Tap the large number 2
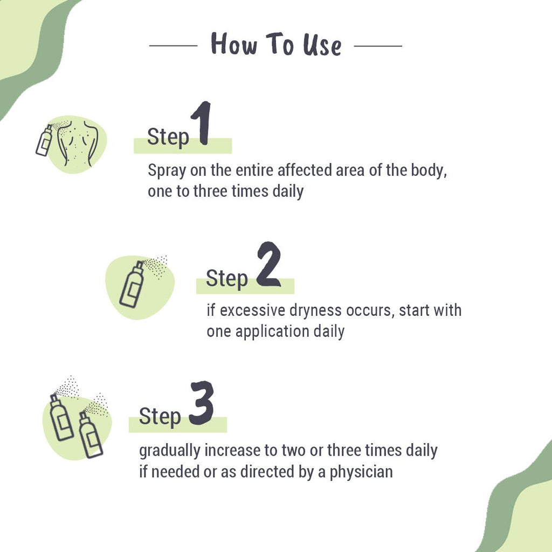(x=268, y=265)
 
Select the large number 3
(x=201, y=403)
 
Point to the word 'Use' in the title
(x=322, y=45)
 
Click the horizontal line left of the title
(x=173, y=46)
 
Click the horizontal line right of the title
(x=378, y=46)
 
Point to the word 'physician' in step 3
(x=361, y=472)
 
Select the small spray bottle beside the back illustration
(x=44, y=140)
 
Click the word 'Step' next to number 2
(x=227, y=279)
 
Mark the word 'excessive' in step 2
(x=253, y=310)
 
